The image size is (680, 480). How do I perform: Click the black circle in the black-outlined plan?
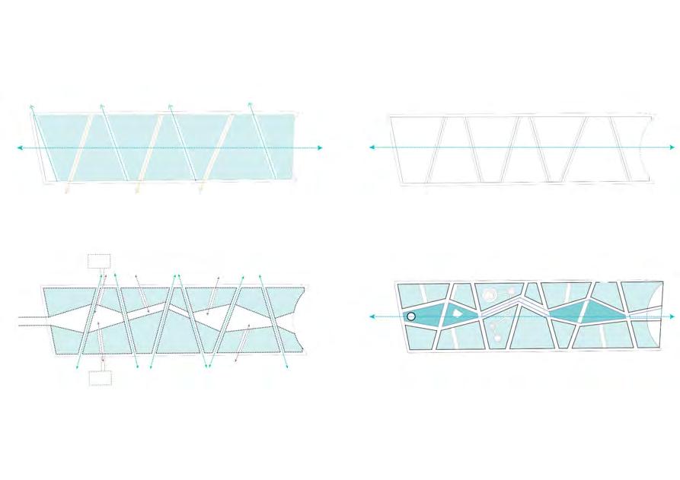411,316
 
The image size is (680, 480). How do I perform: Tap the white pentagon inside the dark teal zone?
456,312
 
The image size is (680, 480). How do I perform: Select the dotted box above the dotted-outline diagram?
99,260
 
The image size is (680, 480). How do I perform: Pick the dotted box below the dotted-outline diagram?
100,378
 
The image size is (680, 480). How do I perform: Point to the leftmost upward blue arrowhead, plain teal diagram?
31,106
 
